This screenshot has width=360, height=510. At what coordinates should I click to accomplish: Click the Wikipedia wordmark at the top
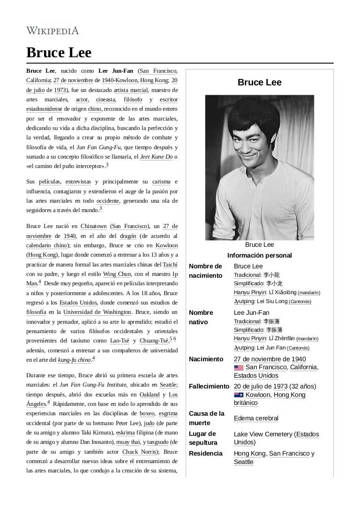coord(52,31)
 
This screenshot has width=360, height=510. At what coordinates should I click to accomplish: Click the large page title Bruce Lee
coord(59,52)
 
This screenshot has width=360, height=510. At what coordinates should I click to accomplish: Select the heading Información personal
coord(259,255)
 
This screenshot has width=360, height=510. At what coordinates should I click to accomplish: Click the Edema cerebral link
coord(256,418)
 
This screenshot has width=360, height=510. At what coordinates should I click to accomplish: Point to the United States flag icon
coord(239,367)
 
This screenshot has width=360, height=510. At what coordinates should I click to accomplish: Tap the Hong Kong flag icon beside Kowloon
coord(239,395)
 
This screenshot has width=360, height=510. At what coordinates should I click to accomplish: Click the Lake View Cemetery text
coord(263,434)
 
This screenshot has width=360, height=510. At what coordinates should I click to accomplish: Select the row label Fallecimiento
coord(210,386)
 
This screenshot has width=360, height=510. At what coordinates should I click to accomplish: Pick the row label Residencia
coord(205,453)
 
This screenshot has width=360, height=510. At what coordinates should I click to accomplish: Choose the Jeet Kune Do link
coord(156,157)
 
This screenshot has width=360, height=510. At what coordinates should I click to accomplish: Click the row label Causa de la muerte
coord(206,418)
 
